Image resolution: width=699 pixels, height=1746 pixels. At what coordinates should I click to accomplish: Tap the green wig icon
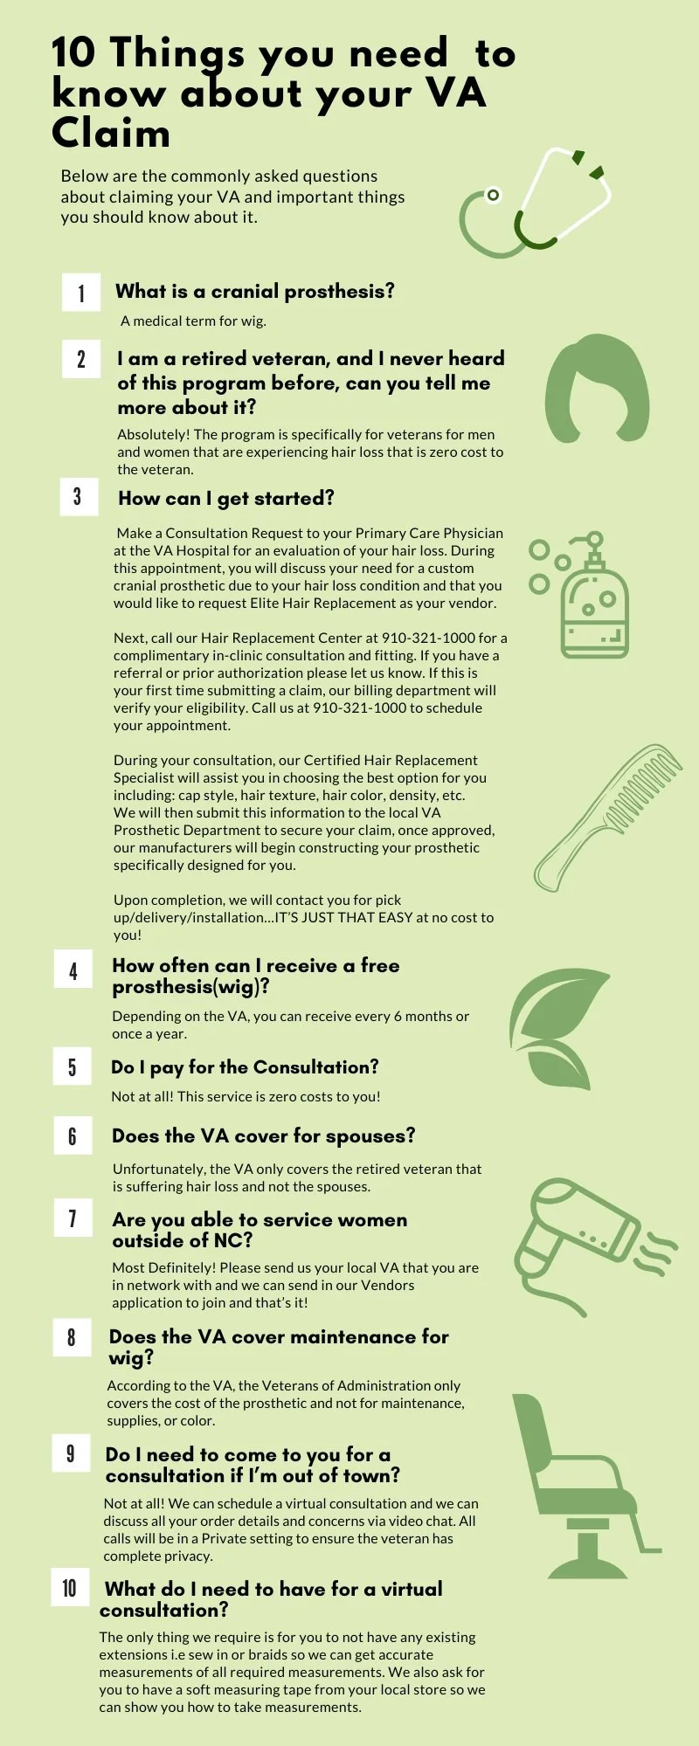click(x=598, y=389)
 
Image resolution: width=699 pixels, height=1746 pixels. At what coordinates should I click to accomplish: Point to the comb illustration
click(x=608, y=816)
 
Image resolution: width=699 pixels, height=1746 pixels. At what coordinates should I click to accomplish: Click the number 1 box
click(x=81, y=292)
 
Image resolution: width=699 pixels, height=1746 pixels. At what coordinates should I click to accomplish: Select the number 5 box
click(x=73, y=1066)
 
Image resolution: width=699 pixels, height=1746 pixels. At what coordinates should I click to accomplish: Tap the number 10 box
click(x=70, y=1588)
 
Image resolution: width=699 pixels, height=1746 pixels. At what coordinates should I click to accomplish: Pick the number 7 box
click(x=73, y=1218)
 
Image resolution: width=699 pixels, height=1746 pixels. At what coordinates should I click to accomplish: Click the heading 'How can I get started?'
click(x=226, y=499)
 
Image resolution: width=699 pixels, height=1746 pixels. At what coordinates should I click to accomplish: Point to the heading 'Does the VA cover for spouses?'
click(x=263, y=1135)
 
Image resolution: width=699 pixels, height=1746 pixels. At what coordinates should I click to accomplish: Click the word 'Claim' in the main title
click(x=110, y=135)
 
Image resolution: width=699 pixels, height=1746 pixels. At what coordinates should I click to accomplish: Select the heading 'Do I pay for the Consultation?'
click(x=245, y=1066)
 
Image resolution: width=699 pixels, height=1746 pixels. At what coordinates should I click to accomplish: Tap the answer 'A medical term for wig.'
click(x=193, y=321)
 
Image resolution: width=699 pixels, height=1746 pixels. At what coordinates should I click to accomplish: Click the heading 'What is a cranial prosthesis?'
click(x=254, y=291)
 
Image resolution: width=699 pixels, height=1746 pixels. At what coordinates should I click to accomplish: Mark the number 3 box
click(x=78, y=497)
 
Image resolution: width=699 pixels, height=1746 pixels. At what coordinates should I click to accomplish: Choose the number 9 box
click(x=71, y=1453)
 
